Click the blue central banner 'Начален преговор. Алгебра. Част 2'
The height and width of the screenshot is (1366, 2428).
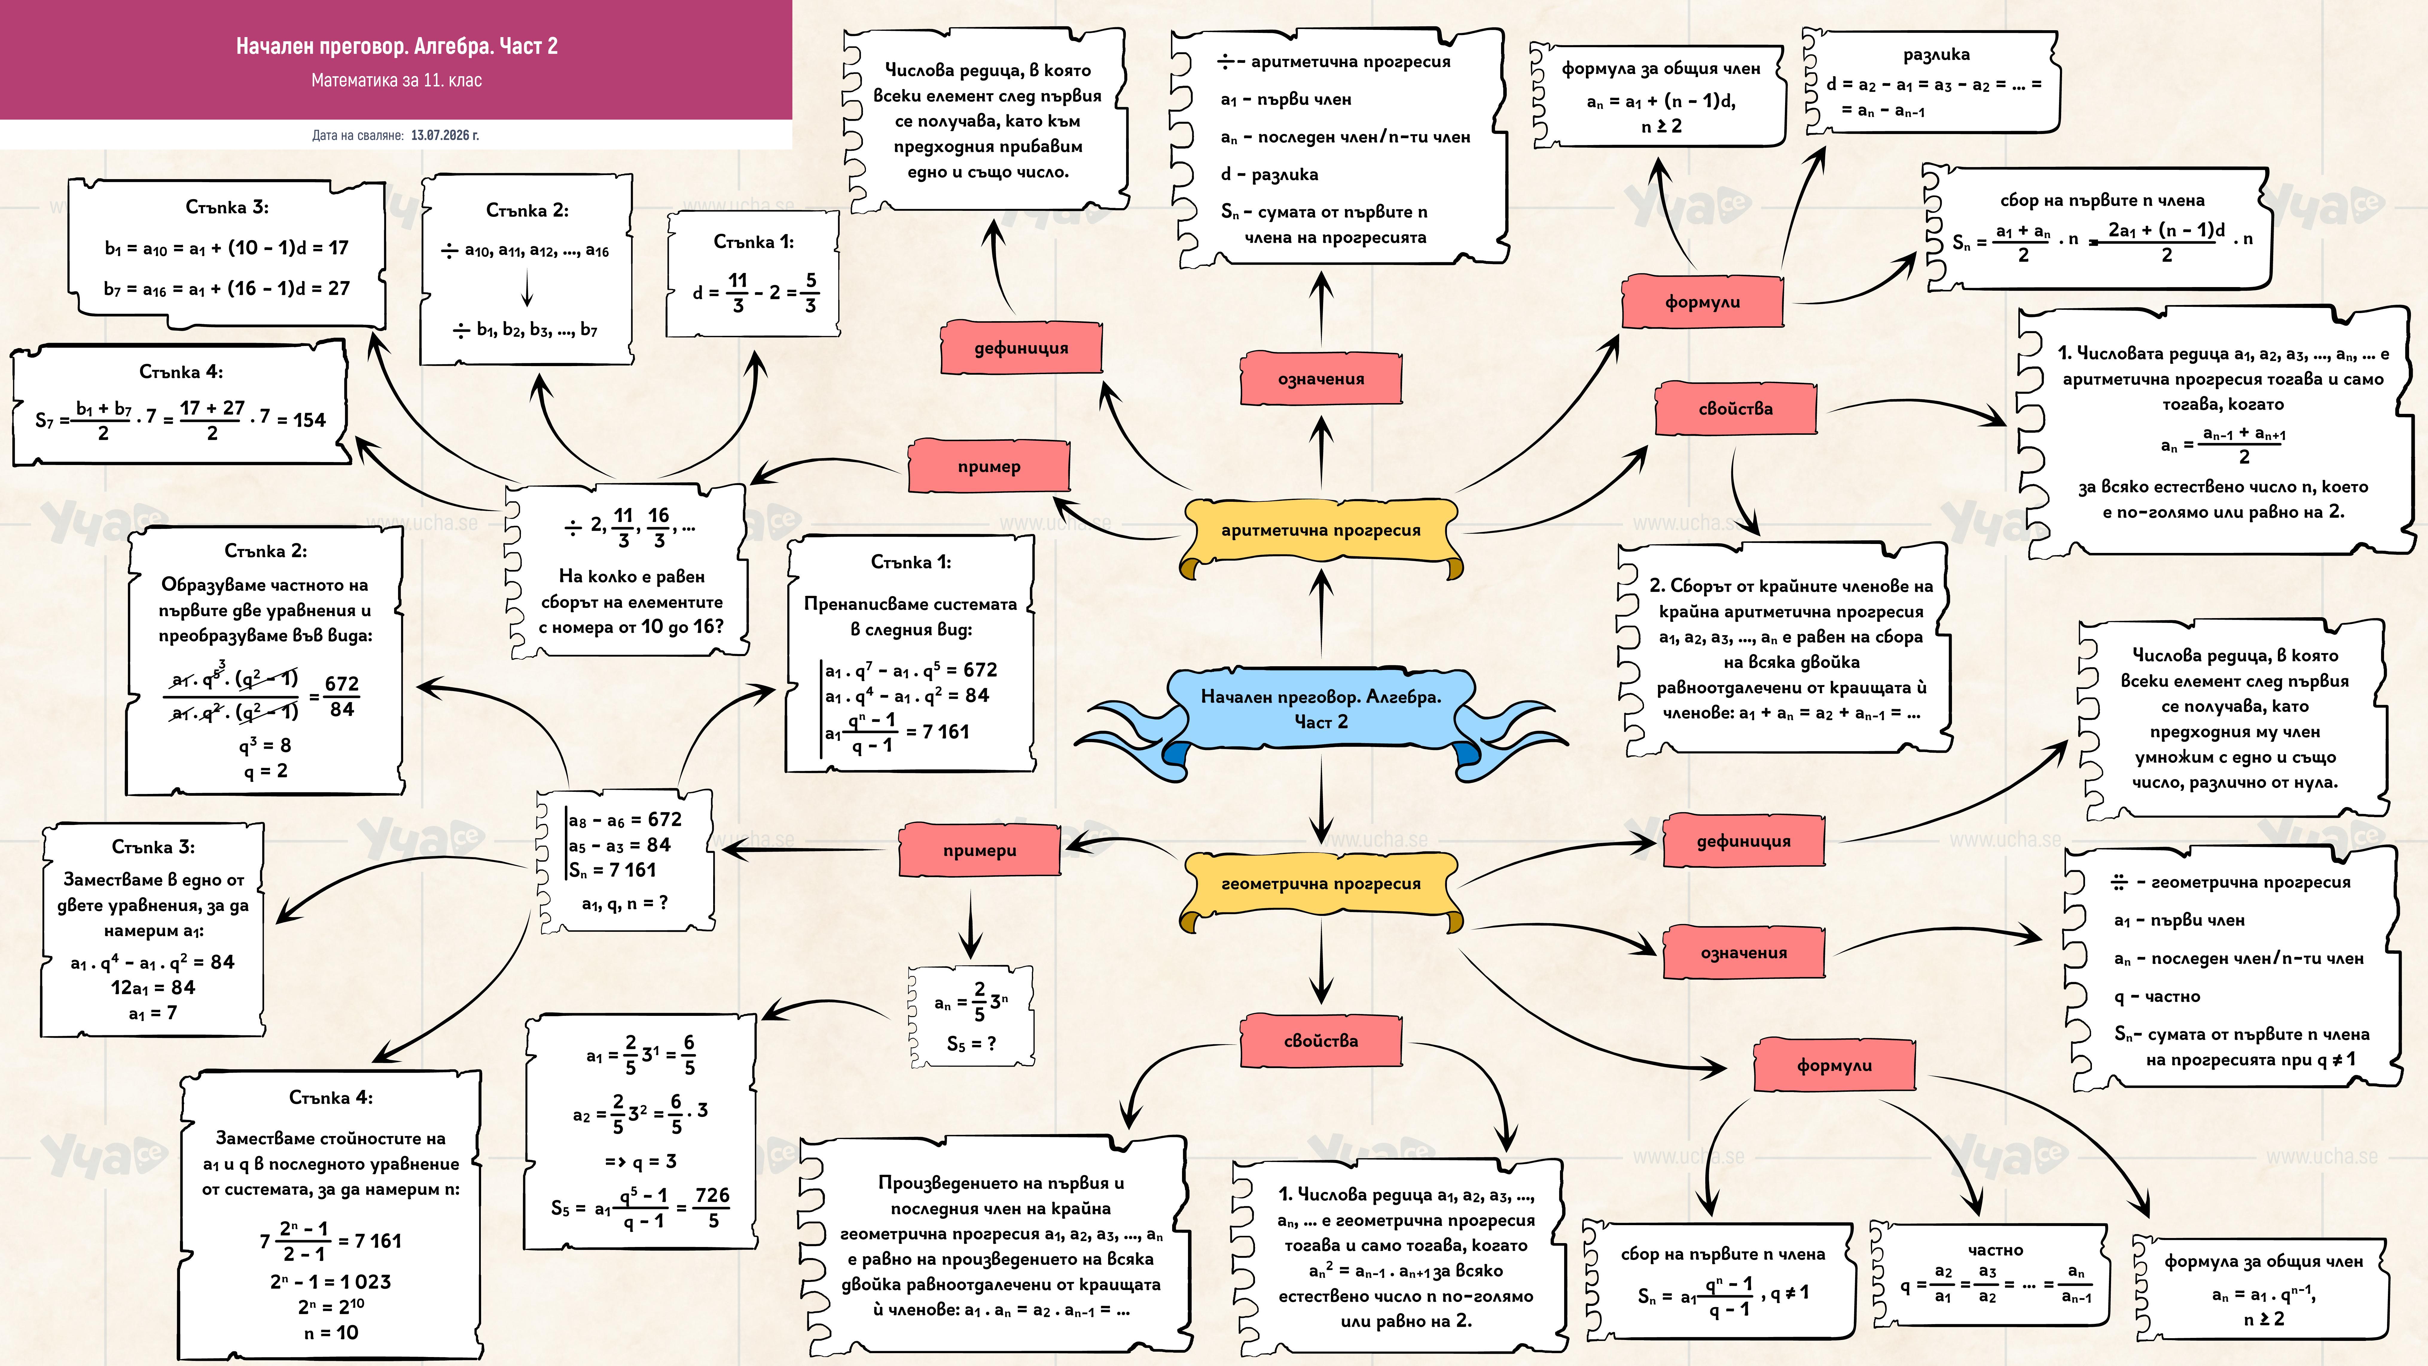tap(1320, 709)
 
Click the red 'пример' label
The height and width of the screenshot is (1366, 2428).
tap(989, 466)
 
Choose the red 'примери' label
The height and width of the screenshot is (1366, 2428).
tap(980, 849)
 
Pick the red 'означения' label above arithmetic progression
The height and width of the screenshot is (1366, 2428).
tap(1320, 378)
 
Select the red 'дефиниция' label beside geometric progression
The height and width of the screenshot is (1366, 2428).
tap(1744, 840)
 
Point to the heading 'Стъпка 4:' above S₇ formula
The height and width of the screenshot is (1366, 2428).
tap(181, 371)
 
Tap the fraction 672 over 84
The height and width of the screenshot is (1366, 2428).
tap(341, 696)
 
